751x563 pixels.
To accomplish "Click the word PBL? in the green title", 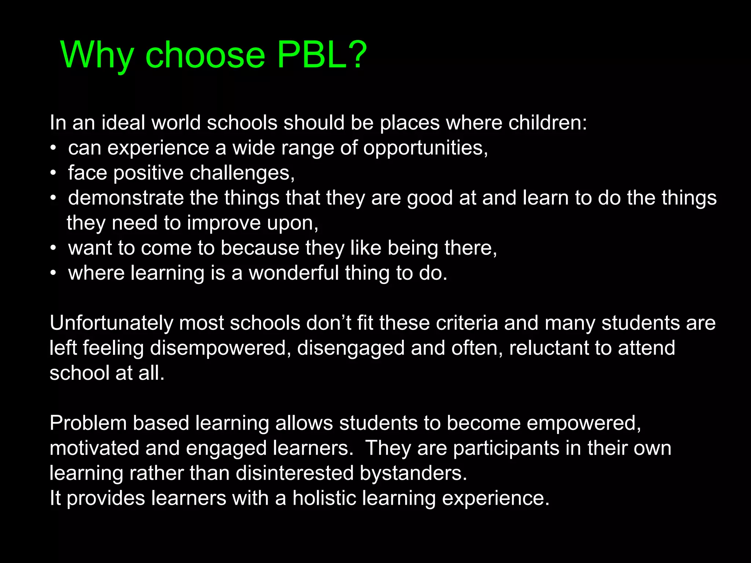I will click(x=322, y=55).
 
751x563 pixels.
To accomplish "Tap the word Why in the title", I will click(x=97, y=55).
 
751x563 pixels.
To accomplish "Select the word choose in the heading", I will click(x=205, y=55).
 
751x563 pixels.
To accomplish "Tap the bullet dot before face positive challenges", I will click(x=54, y=173).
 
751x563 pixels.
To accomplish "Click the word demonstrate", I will click(x=126, y=198).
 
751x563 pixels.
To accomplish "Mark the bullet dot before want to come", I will click(x=54, y=248).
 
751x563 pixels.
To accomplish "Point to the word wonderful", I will click(x=294, y=273).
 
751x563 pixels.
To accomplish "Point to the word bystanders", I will click(x=413, y=474).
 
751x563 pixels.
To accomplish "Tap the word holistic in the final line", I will click(x=324, y=498).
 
